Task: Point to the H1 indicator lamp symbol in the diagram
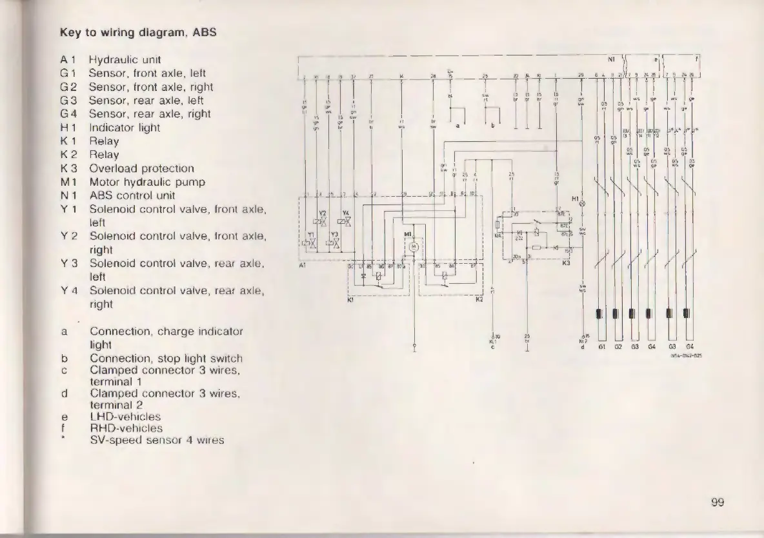click(x=583, y=203)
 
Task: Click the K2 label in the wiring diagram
click(x=479, y=299)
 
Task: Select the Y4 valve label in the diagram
click(x=346, y=213)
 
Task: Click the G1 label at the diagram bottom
click(x=600, y=347)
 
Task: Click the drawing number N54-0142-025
click(x=685, y=354)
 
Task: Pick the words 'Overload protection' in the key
click(x=141, y=168)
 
